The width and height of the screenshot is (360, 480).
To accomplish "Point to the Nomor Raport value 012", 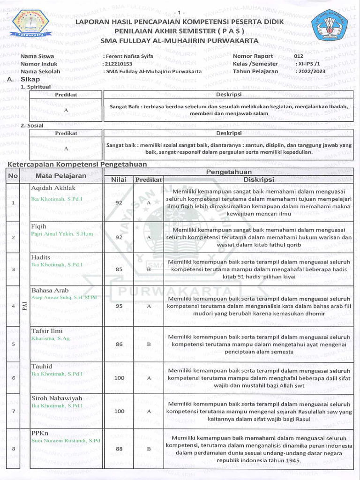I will point(299,56).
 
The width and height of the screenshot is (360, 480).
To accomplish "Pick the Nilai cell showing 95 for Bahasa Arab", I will point(119,305).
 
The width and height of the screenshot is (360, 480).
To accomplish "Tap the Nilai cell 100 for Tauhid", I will point(119,377).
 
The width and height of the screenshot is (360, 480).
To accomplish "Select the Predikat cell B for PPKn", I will point(148,449).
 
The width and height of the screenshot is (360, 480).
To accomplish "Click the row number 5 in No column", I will point(14,344).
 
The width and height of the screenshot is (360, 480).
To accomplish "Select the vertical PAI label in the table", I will point(25,306).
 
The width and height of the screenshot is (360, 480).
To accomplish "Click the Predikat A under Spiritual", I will point(66,110).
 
